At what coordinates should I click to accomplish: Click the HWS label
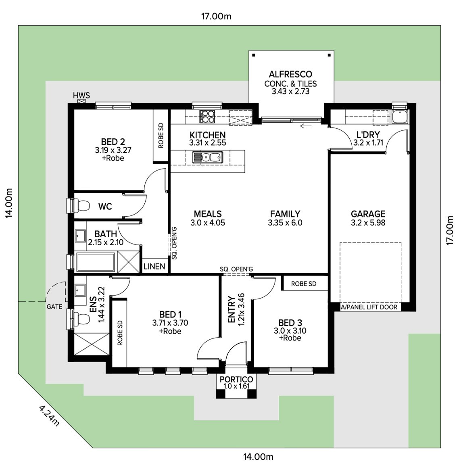point(81,96)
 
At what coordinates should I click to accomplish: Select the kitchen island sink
point(207,157)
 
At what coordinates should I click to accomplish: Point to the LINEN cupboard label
point(154,266)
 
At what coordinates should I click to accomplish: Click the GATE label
point(54,307)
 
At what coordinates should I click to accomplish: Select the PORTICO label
point(236,379)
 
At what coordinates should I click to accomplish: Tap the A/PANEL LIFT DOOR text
point(369,307)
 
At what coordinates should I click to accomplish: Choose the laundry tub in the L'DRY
point(401,117)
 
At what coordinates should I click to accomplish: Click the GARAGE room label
point(368,214)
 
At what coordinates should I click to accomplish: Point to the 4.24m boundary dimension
point(49,416)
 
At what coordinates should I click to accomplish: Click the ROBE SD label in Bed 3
point(304,284)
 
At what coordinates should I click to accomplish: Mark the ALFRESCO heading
point(290,75)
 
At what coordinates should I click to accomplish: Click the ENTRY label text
point(232,309)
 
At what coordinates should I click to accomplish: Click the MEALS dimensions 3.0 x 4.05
point(208,223)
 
